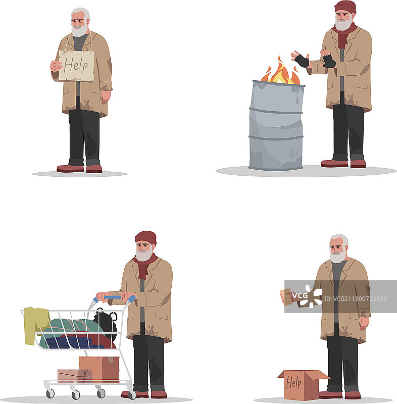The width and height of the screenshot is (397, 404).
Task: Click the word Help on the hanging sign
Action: point(76,66)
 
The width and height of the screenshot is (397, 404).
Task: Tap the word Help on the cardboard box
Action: point(293,382)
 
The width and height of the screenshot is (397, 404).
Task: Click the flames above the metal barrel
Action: point(280,71)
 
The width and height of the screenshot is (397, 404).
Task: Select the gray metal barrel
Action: point(276,125)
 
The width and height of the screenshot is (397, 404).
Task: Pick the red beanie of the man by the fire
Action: point(345,7)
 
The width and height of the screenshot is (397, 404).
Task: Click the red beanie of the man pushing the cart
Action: point(146,237)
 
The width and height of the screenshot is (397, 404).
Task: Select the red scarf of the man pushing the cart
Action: point(144,266)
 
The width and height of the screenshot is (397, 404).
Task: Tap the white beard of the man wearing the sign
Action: point(80,30)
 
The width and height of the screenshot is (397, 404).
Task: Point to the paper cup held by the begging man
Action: point(286,297)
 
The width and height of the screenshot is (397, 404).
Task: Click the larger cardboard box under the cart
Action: point(99,369)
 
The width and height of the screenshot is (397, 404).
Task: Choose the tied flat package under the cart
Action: point(75,376)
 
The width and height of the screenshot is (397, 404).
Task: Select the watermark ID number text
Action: point(355,299)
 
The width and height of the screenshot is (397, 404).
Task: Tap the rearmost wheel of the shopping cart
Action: point(50,393)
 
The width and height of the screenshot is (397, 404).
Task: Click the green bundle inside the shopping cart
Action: point(72,328)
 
